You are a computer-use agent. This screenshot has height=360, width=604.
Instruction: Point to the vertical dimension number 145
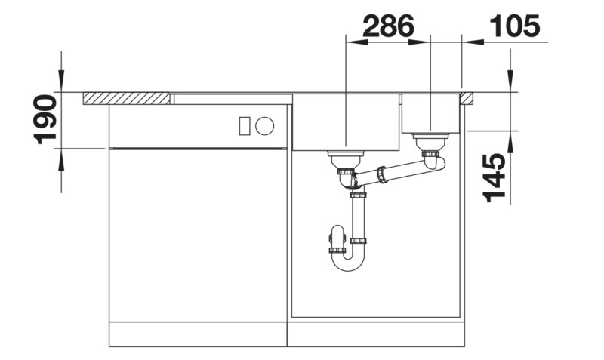494,177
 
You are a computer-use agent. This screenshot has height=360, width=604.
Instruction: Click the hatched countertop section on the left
125,99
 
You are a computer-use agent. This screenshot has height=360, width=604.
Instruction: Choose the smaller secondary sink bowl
431,113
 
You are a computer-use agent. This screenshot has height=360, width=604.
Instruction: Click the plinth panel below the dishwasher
198,334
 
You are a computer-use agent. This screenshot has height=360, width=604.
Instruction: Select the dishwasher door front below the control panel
198,234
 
